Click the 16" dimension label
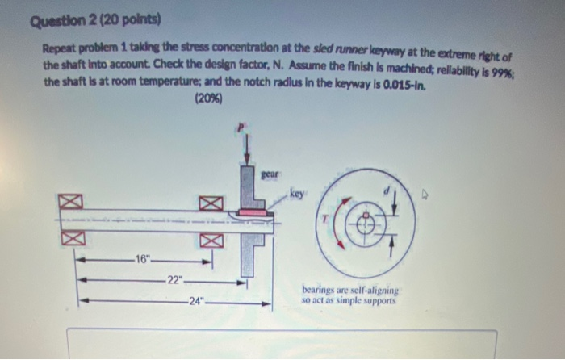tap(142, 259)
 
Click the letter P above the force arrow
tap(240, 127)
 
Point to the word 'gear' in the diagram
tap(270, 172)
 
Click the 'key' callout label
tap(297, 195)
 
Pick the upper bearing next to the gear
tap(211, 203)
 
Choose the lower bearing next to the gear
tap(211, 240)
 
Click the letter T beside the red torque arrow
tap(327, 219)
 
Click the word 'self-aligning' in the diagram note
tap(370, 289)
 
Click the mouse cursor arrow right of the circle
tap(427, 194)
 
